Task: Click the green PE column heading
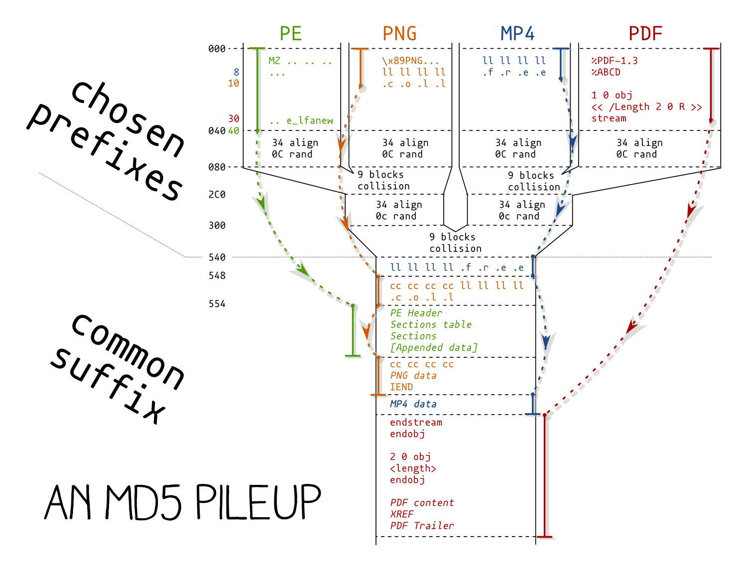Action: click(291, 33)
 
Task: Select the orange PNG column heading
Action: click(399, 33)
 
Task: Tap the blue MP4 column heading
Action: click(517, 33)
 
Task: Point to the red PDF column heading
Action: click(645, 33)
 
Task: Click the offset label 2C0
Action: click(217, 195)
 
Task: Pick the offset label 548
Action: click(217, 276)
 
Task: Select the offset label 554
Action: click(217, 304)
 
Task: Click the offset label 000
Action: click(217, 49)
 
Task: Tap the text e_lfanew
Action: click(309, 120)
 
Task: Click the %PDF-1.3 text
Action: click(615, 61)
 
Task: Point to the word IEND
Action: click(401, 387)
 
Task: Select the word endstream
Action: click(416, 422)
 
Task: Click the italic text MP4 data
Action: click(413, 404)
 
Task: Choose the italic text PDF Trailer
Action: click(422, 526)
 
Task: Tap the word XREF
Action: click(402, 514)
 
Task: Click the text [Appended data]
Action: click(434, 347)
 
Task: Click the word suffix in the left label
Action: click(110, 384)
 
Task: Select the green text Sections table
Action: click(431, 325)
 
